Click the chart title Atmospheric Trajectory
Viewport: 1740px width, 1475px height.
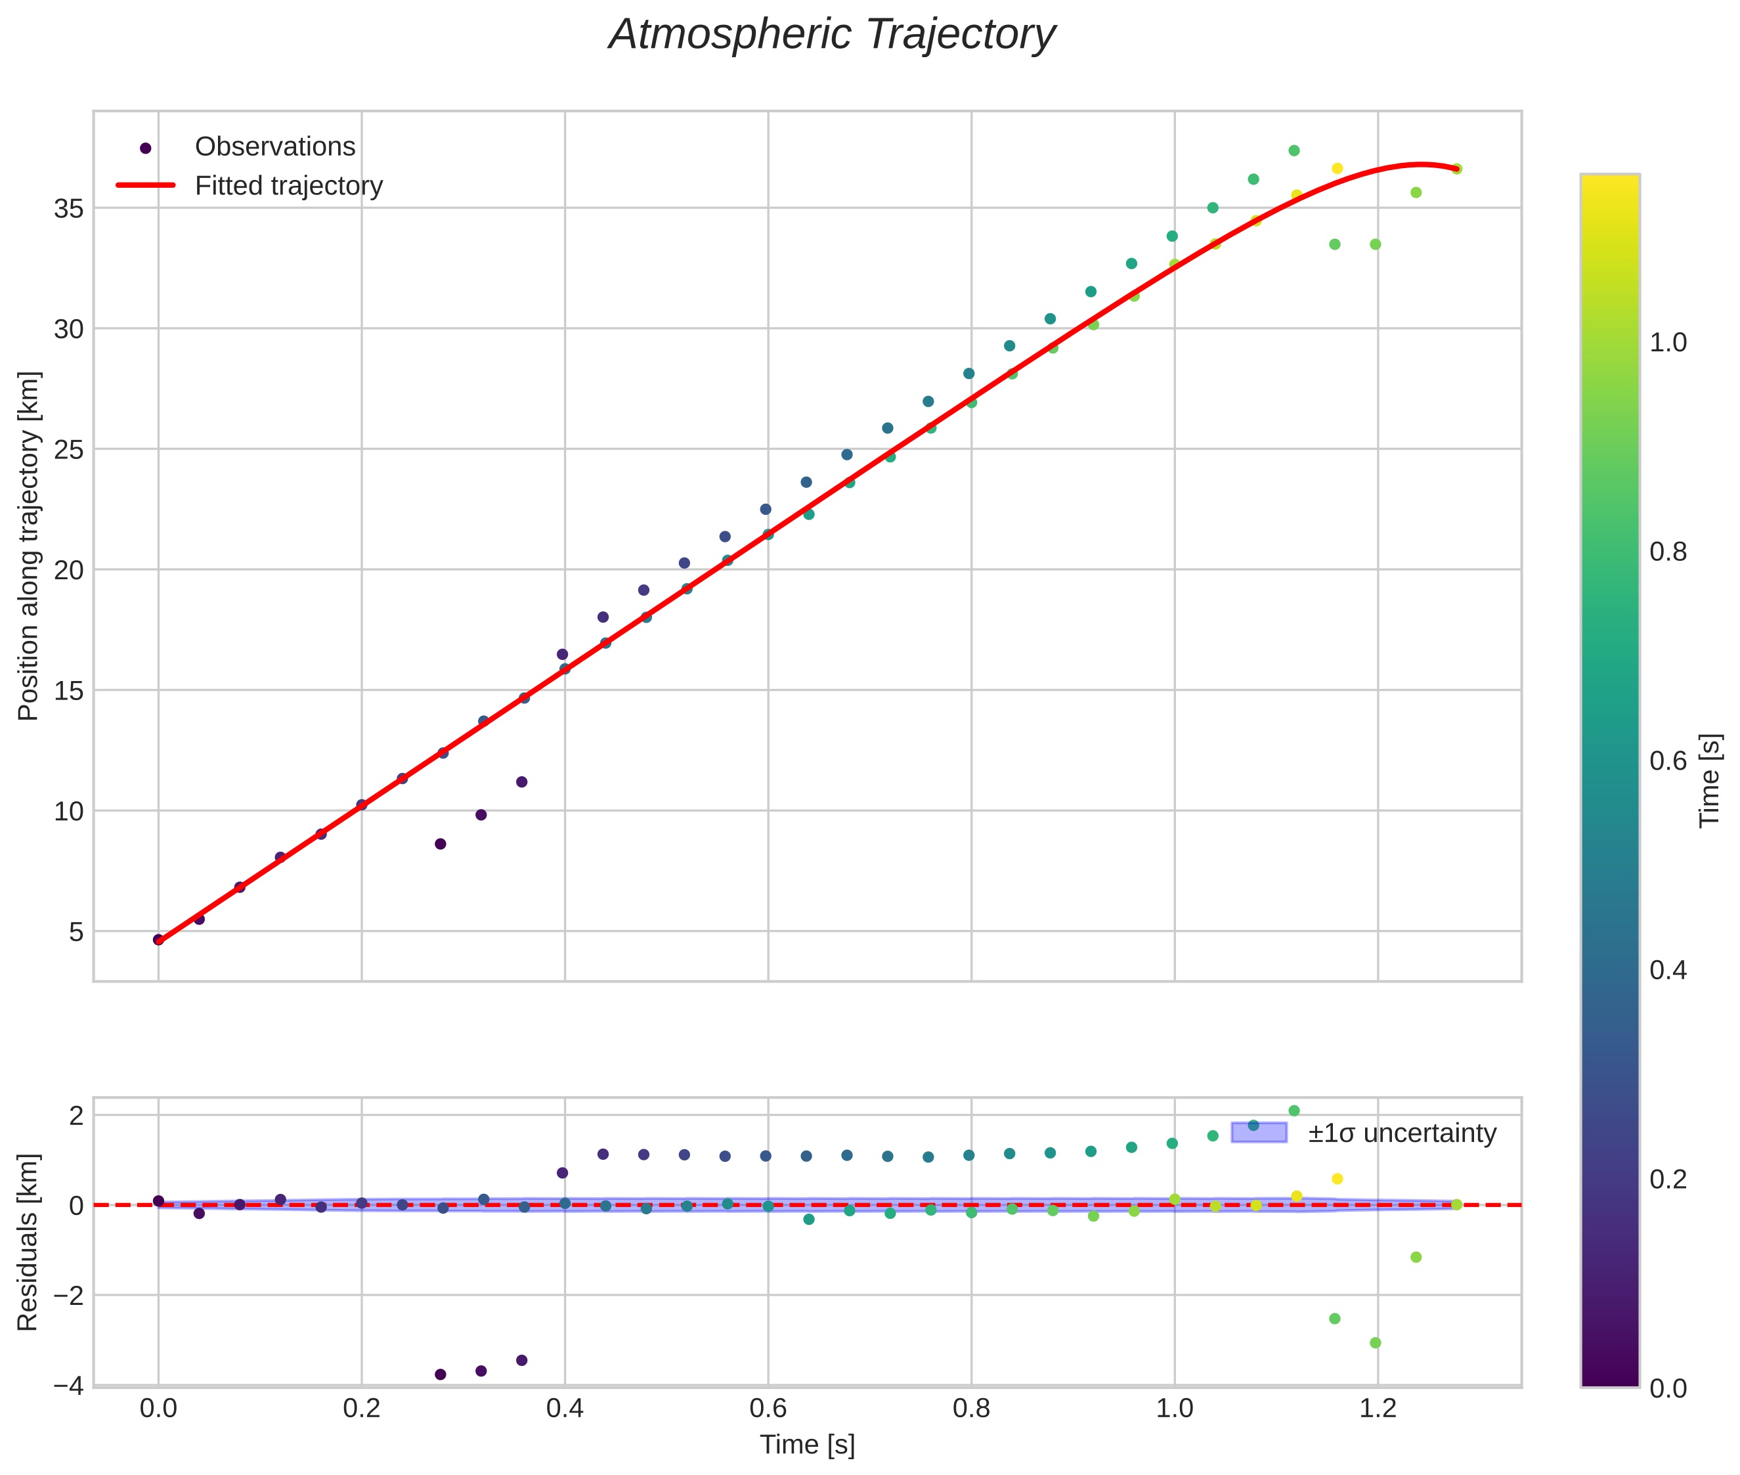click(831, 35)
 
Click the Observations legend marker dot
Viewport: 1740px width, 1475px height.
click(146, 148)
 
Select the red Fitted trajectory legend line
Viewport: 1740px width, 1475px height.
click(146, 185)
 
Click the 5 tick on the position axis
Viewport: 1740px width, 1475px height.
click(77, 931)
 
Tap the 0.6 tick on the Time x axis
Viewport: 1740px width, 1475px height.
click(768, 1408)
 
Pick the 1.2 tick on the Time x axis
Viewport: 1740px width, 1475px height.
click(1377, 1408)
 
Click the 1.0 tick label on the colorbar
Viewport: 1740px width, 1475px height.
click(1667, 343)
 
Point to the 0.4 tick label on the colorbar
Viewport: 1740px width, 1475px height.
click(1667, 970)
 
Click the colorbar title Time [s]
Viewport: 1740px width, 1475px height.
click(1710, 781)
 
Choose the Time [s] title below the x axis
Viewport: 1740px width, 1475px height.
click(807, 1445)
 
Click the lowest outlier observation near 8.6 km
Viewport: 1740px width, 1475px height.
click(441, 844)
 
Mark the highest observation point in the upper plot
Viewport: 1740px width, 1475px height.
click(1294, 150)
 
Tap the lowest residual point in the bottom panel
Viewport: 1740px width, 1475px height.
click(441, 1374)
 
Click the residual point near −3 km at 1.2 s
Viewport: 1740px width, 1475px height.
click(1375, 1343)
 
